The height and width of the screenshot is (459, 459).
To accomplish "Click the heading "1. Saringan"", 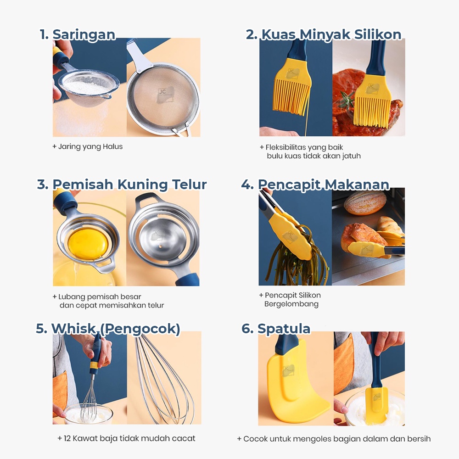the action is coord(78,34).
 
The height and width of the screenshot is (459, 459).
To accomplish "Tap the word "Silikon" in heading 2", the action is coord(378,34).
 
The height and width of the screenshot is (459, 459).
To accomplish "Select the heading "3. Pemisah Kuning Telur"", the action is coord(122,185).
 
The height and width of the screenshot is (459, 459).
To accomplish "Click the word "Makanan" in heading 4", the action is coord(357,185).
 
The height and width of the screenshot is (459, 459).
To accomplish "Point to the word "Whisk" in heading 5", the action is coord(74,329).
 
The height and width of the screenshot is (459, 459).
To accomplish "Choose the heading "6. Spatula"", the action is coord(276,329).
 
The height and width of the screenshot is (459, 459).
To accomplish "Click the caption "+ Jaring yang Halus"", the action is coord(88,146).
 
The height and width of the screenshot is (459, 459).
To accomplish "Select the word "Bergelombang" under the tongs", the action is coord(291,304).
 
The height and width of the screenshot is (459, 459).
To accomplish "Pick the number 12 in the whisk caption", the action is coord(67,438).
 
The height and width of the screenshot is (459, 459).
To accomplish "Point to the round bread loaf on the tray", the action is coord(365,202).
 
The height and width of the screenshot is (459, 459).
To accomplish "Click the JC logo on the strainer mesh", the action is coord(165,95).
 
